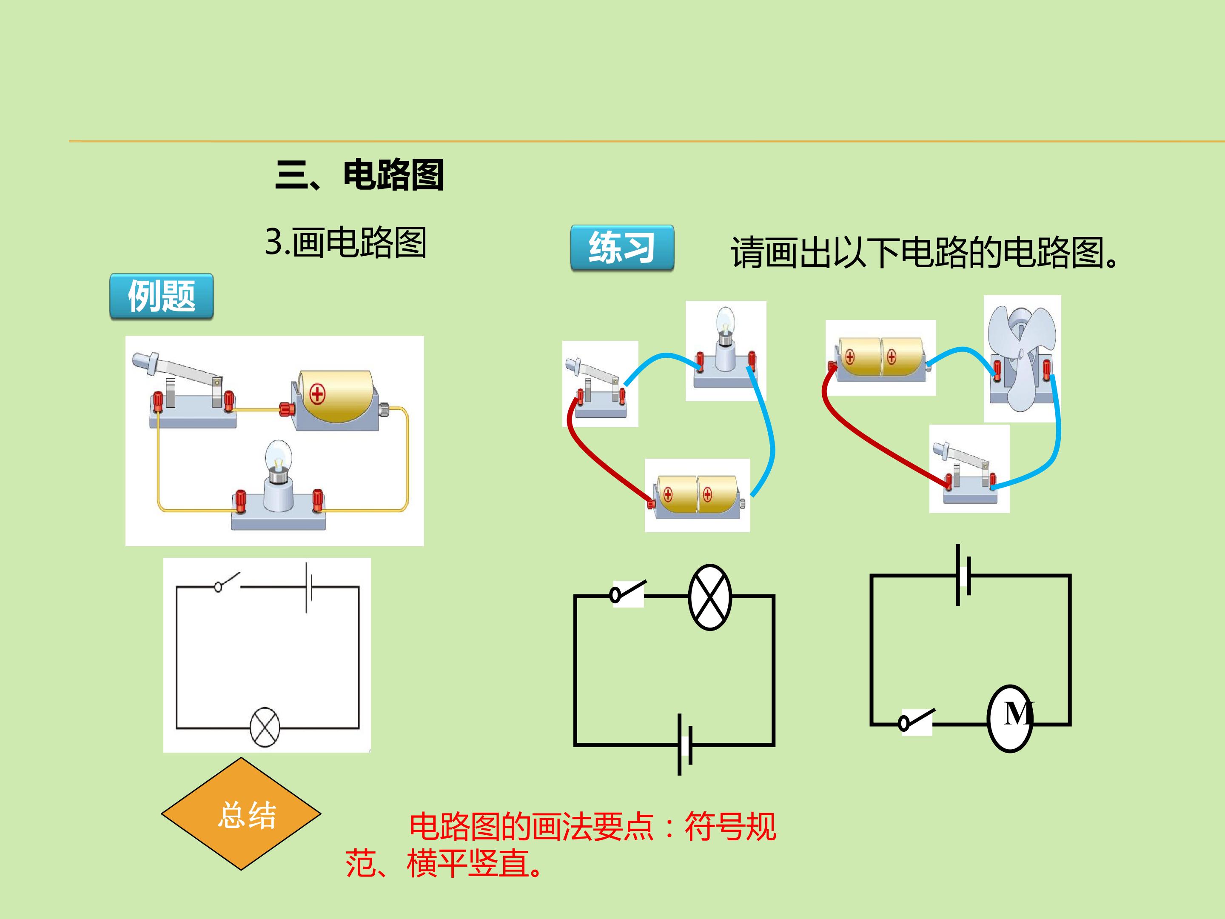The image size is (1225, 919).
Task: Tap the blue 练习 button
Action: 622,248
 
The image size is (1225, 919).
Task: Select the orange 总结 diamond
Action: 241,814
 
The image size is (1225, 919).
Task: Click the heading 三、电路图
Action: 359,174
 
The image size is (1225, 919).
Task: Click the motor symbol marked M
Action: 1011,719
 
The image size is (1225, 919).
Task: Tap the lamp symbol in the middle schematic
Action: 710,597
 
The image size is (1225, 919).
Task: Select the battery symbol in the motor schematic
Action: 963,575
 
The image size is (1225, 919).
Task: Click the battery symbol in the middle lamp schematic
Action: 685,745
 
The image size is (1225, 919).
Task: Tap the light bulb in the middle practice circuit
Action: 726,349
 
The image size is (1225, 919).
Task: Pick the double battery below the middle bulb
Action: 697,496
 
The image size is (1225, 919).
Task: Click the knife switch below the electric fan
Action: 969,468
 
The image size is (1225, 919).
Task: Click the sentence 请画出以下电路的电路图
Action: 925,253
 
